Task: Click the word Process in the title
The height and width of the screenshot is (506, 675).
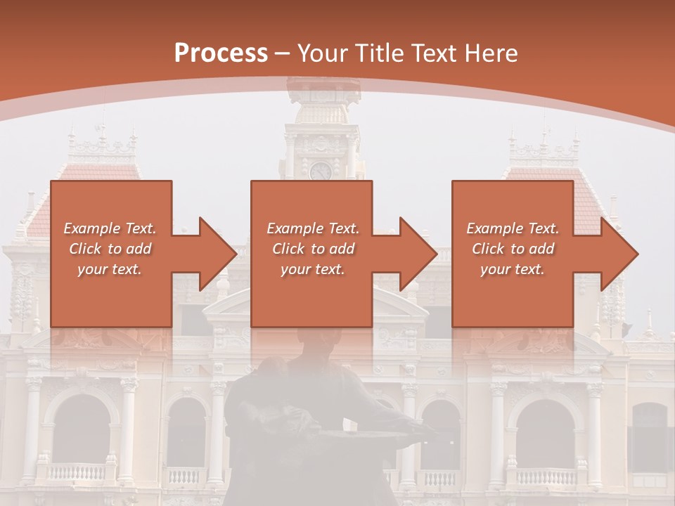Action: coord(221,53)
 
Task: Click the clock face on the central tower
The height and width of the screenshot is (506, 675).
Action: coord(321,171)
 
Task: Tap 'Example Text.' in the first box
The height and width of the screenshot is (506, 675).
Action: coord(110,228)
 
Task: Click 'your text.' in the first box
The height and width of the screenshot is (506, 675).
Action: coord(110,269)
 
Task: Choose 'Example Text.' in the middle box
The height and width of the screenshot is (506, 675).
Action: coord(313,228)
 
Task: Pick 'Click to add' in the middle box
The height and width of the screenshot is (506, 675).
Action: coord(313,249)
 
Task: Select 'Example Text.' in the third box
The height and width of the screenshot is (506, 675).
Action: coord(513,228)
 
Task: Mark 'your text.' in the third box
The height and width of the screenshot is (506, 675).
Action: coord(513,269)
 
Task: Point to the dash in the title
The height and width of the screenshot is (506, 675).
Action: coord(283,54)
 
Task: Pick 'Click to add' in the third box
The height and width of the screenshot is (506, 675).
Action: coord(513,249)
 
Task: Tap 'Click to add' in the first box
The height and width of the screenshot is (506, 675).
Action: coord(110,249)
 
